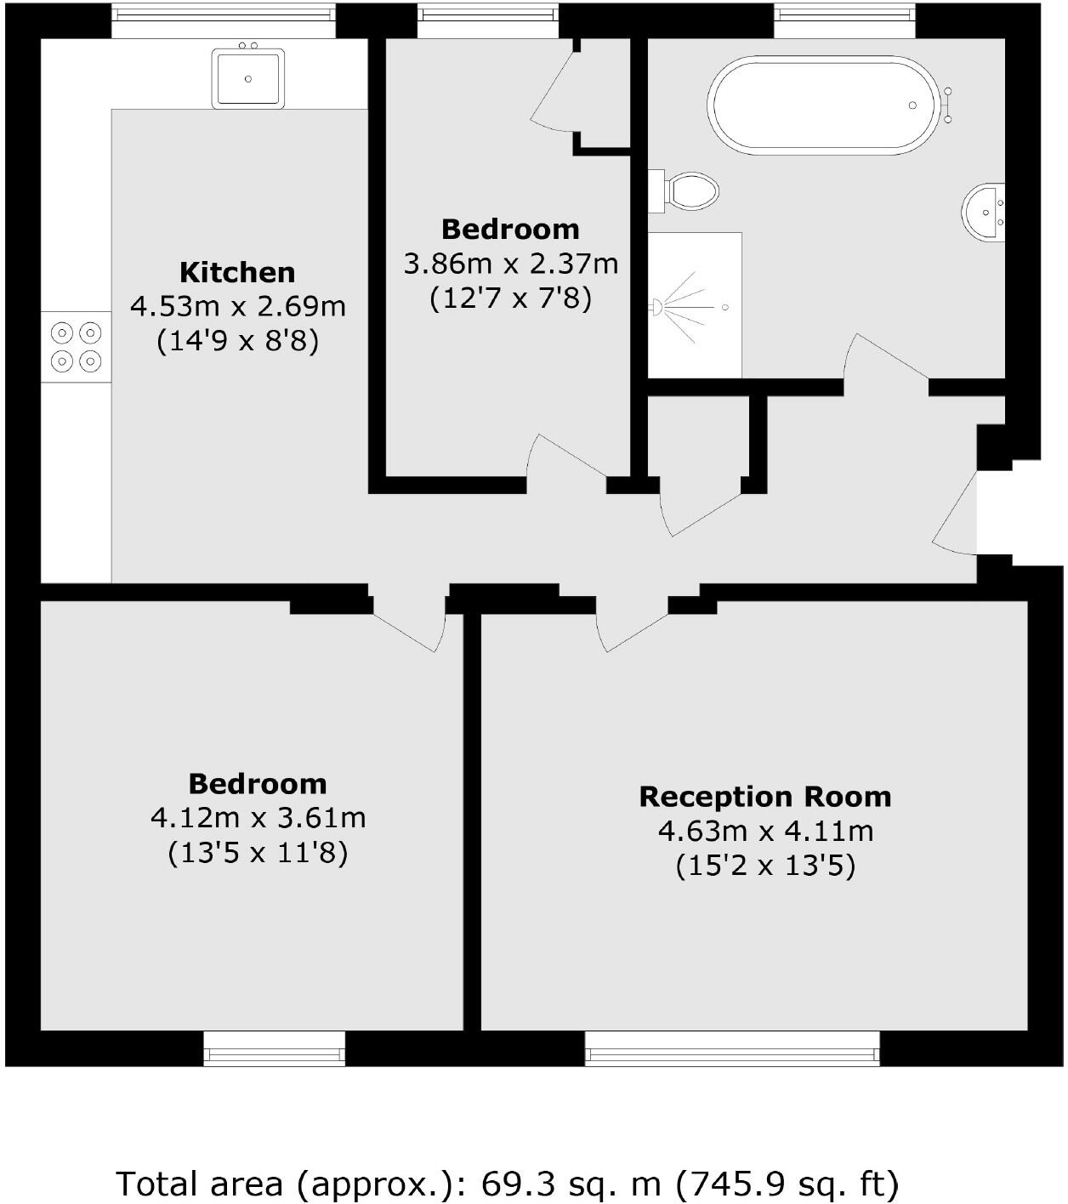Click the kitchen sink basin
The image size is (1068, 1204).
247,78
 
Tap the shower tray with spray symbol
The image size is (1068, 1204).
694,305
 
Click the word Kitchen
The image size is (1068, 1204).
237,273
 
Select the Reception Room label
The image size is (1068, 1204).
765,797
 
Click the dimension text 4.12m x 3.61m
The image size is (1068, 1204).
258,818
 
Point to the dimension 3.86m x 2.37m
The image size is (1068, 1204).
510,264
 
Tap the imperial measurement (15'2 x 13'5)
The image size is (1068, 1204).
765,866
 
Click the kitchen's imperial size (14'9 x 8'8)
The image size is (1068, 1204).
237,341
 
